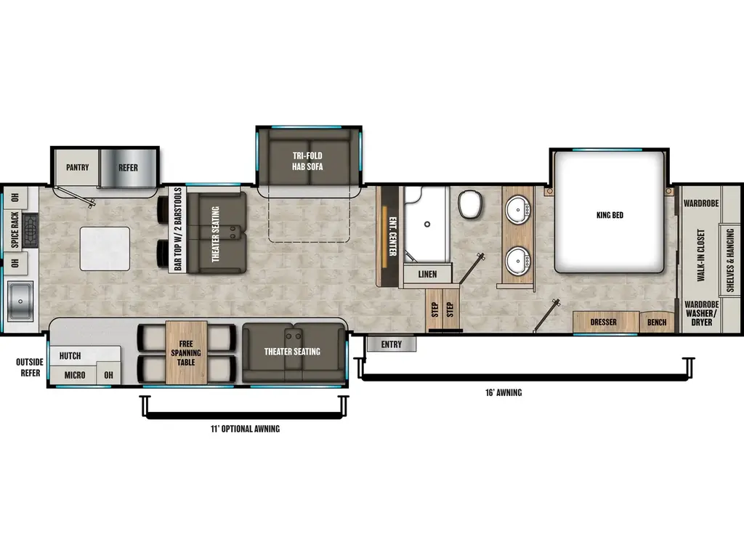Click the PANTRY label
(77, 168)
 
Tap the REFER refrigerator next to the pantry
(128, 167)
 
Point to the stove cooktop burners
(31, 230)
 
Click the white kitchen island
(105, 247)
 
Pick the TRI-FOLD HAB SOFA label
(308, 161)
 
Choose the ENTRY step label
(391, 344)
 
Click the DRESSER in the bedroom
(603, 322)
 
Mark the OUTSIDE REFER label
(30, 368)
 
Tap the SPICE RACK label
(14, 230)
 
